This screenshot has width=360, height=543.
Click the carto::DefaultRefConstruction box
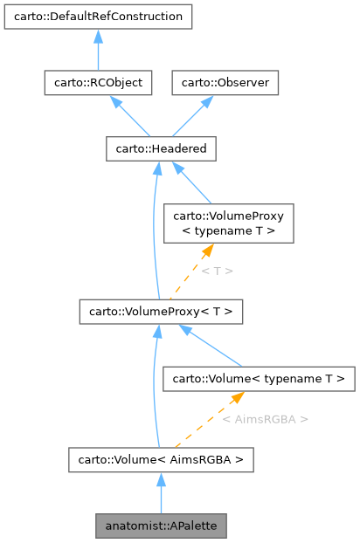(x=98, y=16)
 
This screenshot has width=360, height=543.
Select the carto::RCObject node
(x=98, y=83)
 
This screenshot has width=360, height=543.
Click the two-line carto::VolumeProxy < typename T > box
(x=228, y=223)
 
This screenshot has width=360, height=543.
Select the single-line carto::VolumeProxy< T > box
(x=161, y=312)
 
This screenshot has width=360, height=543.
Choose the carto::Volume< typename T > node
(x=260, y=379)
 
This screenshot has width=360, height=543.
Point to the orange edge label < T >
(x=217, y=271)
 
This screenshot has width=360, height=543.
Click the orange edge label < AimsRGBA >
(x=265, y=419)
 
